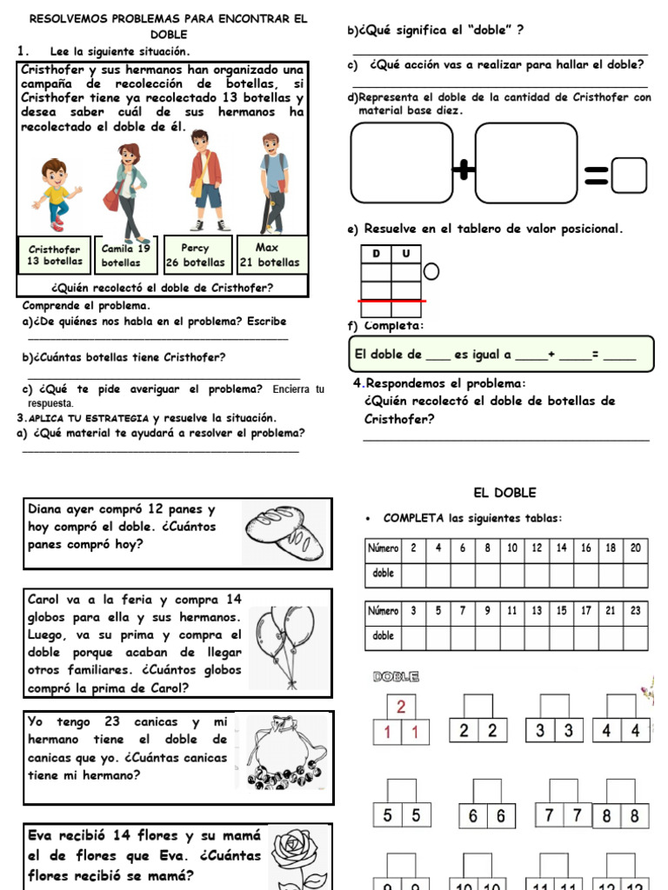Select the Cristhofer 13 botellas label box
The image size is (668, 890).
(x=55, y=255)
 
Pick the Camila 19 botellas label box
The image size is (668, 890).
(x=126, y=255)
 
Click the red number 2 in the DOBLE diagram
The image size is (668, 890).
(x=401, y=706)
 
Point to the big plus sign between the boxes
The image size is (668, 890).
(x=464, y=171)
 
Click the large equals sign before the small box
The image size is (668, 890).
(x=596, y=177)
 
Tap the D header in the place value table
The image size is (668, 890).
(x=376, y=254)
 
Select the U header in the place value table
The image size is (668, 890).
(x=405, y=254)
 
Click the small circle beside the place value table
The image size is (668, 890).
(x=431, y=273)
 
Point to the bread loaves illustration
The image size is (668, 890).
(x=284, y=532)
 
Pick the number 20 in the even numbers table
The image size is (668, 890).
(x=635, y=548)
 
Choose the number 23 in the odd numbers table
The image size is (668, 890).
(x=635, y=611)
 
